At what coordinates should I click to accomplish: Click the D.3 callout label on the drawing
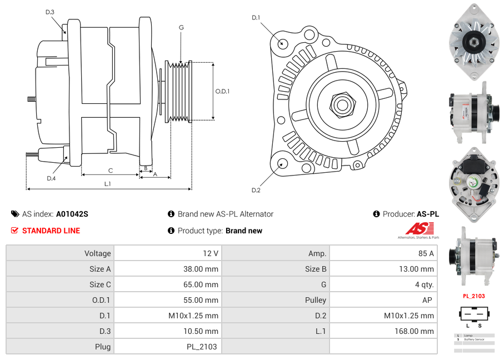[x=50, y=12]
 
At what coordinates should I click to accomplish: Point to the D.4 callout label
[x=51, y=178]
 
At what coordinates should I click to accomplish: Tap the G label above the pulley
[x=181, y=27]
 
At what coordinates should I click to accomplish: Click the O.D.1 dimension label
[x=222, y=92]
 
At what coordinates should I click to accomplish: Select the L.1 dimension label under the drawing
[x=107, y=184]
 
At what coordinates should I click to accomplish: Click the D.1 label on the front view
[x=256, y=18]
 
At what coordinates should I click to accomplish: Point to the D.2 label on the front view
[x=256, y=190]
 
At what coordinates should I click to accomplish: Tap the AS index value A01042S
[x=72, y=214]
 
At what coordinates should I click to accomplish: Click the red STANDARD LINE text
[x=51, y=231]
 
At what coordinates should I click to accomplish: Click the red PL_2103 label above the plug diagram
[x=473, y=296]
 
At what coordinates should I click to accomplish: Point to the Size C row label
[x=100, y=284]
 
